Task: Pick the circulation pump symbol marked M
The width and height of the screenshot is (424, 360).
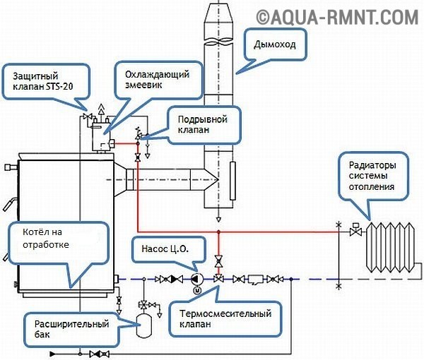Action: [x=196, y=281]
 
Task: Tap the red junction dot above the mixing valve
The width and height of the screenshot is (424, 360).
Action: [x=219, y=232]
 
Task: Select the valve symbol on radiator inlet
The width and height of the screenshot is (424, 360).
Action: [x=355, y=230]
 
